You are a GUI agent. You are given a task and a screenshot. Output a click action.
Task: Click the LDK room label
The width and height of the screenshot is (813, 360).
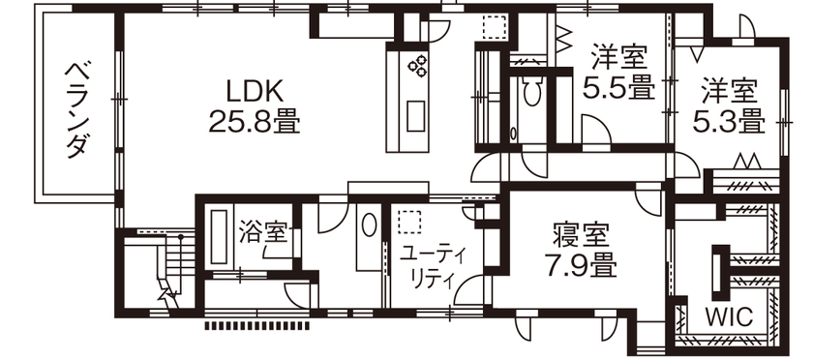pos(254,90)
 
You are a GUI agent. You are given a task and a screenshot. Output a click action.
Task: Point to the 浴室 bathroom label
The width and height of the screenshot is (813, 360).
pos(262,231)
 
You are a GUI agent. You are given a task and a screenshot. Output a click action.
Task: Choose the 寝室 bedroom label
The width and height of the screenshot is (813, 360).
pos(581,234)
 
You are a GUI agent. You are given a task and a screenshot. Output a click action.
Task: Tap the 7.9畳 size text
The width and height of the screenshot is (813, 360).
pos(581,263)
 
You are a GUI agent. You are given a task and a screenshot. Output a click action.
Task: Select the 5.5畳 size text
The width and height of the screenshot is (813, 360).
pos(618,87)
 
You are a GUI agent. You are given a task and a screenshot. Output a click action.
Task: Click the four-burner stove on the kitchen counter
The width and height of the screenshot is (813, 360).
pos(419,66)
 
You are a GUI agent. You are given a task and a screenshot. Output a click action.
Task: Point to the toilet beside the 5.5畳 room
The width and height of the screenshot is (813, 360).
pos(530,94)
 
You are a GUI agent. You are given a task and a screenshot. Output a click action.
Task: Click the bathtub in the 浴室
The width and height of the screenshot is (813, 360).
pos(218,239)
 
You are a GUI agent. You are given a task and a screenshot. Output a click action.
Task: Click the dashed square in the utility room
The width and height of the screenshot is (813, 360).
pos(411,222)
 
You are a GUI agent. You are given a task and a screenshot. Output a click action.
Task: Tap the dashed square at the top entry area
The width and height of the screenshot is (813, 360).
pos(495,28)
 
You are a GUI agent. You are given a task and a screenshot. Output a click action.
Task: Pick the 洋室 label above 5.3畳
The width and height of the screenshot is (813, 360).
pos(729,91)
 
